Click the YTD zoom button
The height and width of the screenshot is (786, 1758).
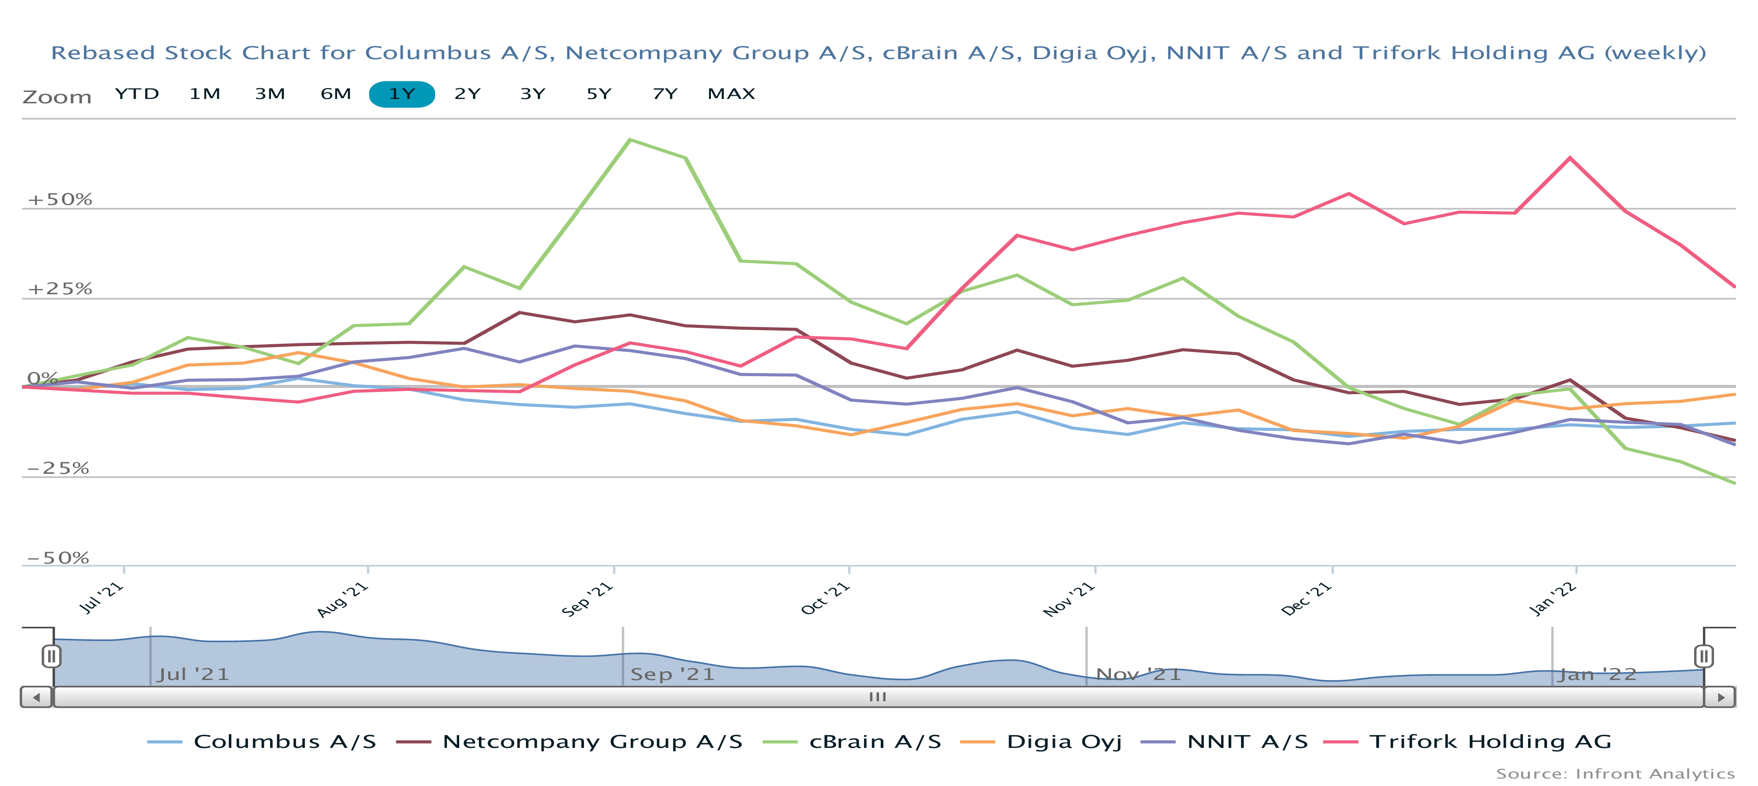click(x=137, y=94)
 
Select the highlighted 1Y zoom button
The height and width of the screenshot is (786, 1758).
click(x=401, y=94)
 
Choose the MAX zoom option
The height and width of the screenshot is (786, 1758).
click(x=731, y=94)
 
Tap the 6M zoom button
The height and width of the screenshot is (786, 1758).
click(x=336, y=94)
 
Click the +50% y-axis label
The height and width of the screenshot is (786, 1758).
click(x=60, y=199)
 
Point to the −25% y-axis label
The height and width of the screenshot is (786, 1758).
click(x=58, y=469)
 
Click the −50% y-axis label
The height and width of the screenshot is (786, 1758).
click(x=58, y=558)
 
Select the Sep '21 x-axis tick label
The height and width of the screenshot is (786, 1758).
click(x=587, y=599)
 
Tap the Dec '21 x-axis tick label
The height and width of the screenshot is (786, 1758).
click(x=1306, y=599)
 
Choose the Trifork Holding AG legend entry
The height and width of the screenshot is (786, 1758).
click(x=1490, y=742)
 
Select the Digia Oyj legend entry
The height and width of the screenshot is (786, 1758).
click(x=1064, y=742)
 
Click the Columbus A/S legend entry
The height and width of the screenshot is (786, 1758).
click(x=285, y=742)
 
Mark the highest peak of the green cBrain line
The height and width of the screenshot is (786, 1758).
click(x=629, y=140)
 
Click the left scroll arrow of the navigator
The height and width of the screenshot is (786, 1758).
click(x=36, y=697)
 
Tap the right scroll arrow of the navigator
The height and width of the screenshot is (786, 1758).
click(x=1720, y=697)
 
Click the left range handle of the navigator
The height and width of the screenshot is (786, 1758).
click(x=51, y=656)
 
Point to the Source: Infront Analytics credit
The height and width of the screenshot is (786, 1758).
click(x=1615, y=774)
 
